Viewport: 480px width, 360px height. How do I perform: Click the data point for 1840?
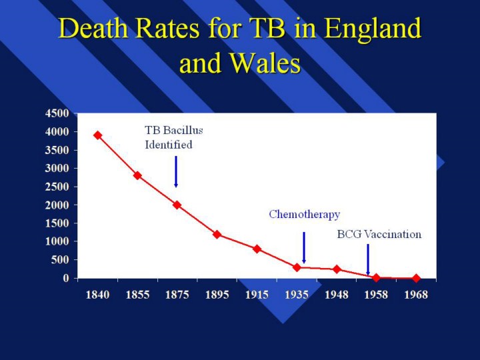[x=97, y=135]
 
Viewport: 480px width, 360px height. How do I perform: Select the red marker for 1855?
[x=137, y=175]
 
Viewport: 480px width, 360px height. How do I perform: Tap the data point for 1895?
[x=217, y=234]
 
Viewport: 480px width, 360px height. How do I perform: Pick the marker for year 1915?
[x=257, y=249]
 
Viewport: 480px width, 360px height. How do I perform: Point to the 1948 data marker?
[x=337, y=269]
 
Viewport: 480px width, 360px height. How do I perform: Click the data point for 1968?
[x=416, y=278]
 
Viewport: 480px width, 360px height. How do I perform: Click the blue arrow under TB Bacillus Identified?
[x=176, y=171]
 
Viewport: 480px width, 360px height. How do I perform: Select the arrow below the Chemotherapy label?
[x=304, y=247]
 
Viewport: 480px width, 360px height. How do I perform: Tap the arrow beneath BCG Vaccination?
[x=368, y=259]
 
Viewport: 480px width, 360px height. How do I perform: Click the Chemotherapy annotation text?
[x=304, y=215]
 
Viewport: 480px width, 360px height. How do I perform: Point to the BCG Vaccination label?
[x=379, y=234]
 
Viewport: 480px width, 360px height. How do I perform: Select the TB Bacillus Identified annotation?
[x=173, y=137]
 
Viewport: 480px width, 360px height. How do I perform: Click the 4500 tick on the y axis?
[x=57, y=113]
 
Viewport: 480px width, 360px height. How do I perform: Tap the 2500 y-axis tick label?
[x=57, y=187]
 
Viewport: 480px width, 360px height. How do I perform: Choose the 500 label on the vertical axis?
[x=60, y=260]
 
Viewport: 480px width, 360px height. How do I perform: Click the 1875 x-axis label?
[x=177, y=295]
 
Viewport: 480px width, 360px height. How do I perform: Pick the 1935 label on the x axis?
[x=297, y=295]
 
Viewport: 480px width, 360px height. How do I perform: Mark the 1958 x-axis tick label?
[x=376, y=295]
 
